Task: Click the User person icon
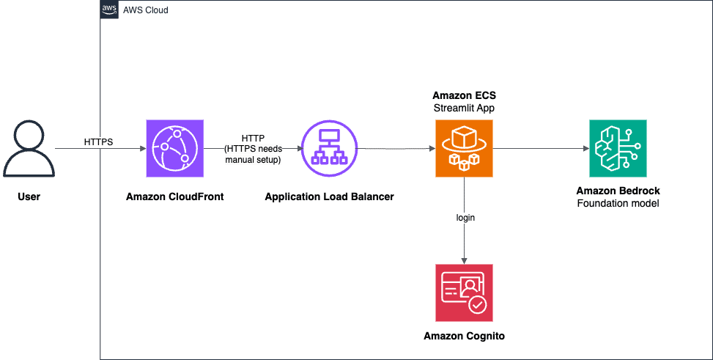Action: point(29,150)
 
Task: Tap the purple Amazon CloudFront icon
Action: point(175,149)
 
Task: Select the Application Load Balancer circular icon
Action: point(329,149)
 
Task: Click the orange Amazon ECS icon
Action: point(464,149)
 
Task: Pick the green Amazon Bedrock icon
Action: point(618,149)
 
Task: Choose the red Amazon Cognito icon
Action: point(464,293)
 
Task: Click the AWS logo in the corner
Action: point(110,10)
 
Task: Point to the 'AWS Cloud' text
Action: point(147,11)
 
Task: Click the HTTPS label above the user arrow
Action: point(98,141)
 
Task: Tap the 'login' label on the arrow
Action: point(464,218)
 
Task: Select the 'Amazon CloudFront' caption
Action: point(175,196)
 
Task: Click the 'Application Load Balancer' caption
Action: point(329,196)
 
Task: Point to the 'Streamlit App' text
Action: point(463,109)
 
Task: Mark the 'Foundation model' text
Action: point(618,203)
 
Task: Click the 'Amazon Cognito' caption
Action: point(464,336)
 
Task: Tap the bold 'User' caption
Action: point(29,196)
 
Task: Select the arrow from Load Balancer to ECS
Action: point(396,149)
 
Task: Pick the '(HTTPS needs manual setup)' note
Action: point(253,154)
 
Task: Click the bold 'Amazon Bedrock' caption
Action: point(618,191)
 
